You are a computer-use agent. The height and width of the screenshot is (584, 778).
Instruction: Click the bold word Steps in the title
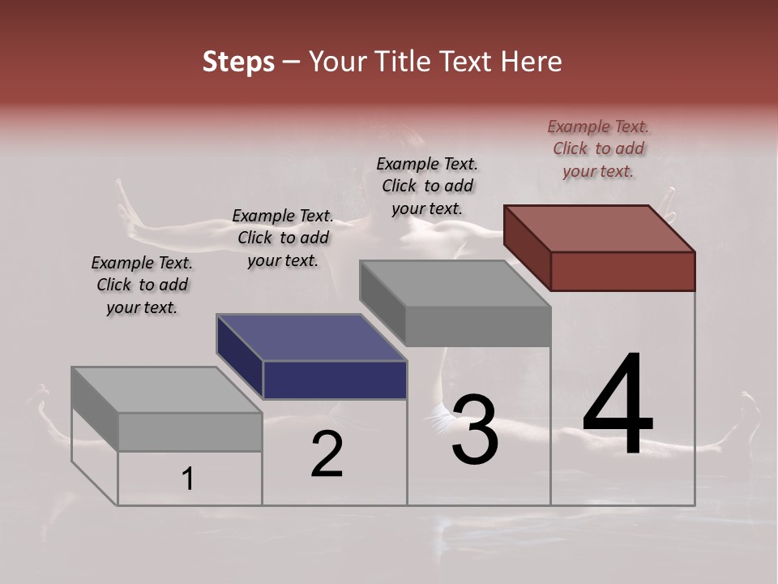238,62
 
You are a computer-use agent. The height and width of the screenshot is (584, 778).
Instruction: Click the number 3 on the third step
475,430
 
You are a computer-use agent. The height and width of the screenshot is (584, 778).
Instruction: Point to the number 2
327,455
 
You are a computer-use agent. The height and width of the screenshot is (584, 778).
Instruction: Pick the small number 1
188,479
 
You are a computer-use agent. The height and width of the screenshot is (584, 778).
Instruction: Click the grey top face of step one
167,390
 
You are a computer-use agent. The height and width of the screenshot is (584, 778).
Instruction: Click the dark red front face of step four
622,271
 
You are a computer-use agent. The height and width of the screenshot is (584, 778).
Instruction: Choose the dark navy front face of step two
335,380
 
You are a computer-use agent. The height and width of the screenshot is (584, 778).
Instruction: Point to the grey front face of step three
478,327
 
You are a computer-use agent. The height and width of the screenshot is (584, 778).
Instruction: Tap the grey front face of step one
190,432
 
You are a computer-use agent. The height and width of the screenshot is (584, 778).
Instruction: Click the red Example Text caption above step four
598,148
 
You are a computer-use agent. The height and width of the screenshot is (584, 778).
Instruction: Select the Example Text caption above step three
427,186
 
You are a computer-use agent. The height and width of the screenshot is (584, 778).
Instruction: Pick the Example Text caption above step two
283,238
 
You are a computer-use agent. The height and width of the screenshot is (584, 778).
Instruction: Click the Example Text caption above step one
142,285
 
